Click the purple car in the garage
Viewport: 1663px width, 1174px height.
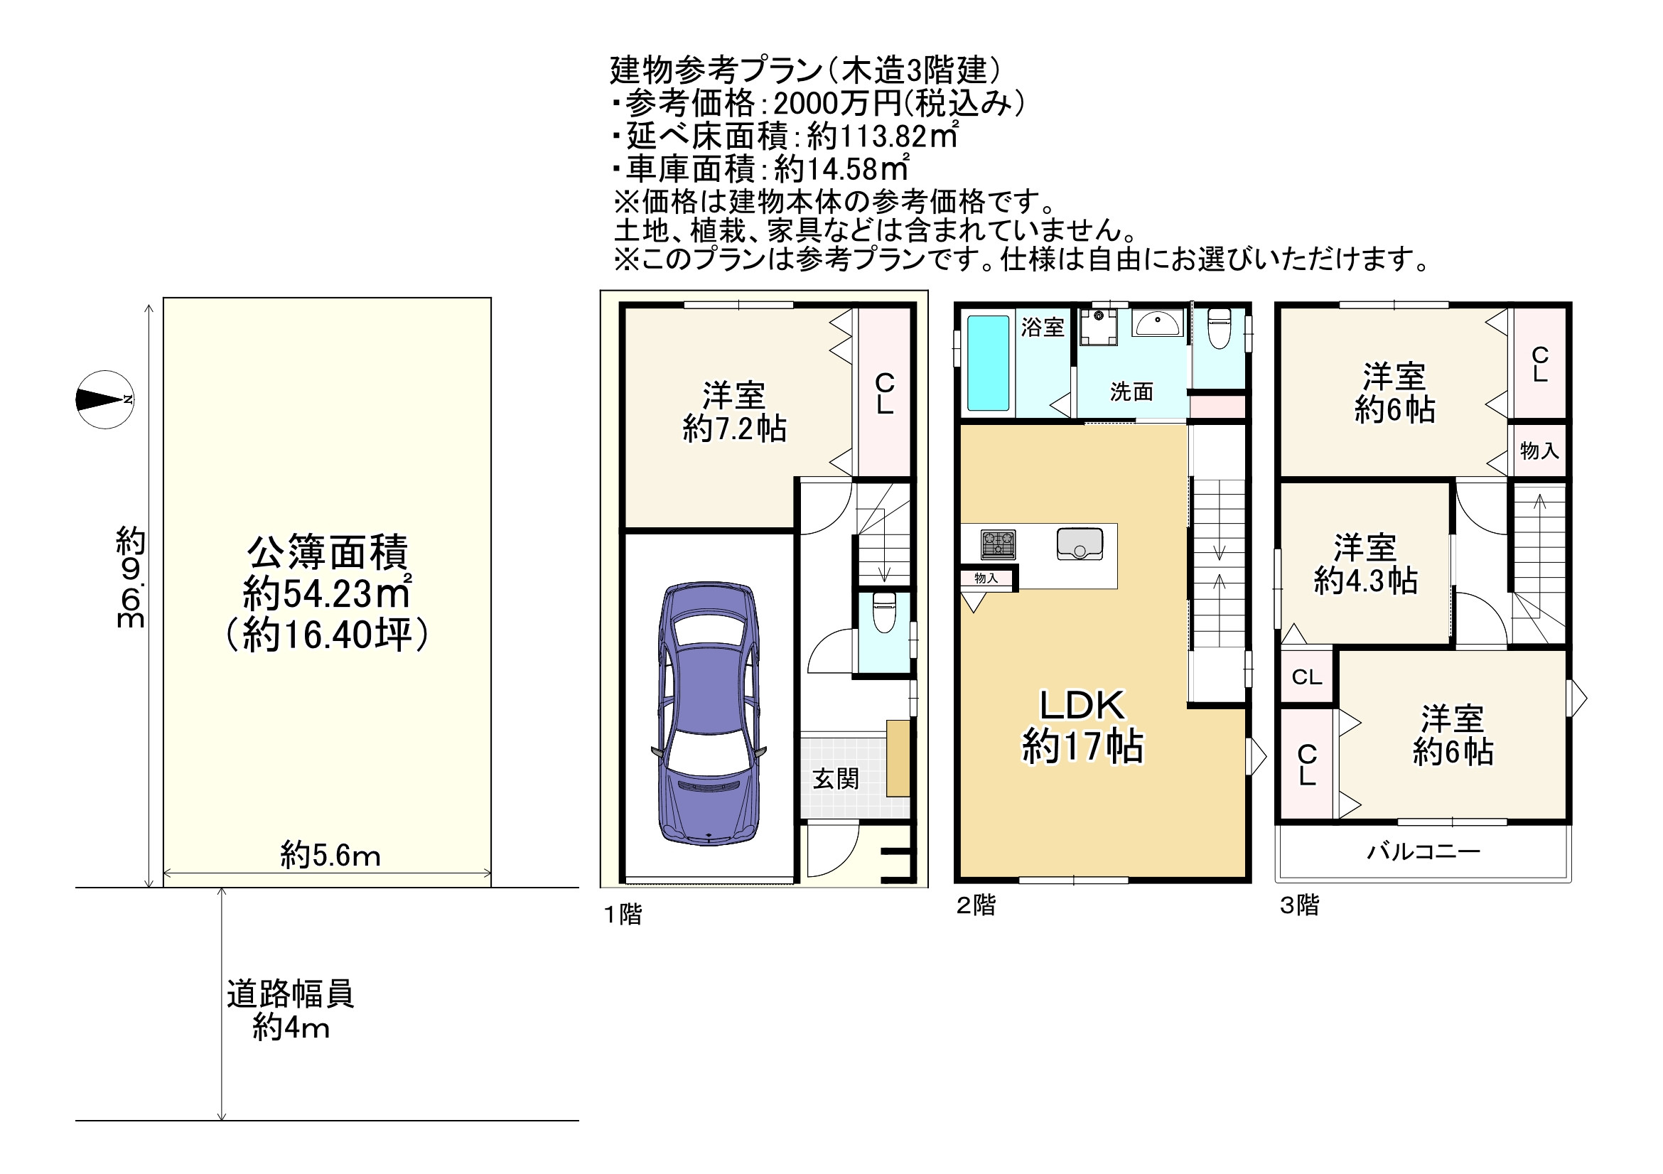point(709,713)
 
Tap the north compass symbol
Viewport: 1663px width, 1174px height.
point(105,399)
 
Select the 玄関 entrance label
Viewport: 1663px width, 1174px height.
point(835,780)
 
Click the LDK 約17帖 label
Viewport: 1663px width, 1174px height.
point(1083,726)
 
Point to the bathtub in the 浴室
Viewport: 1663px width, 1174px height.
point(988,364)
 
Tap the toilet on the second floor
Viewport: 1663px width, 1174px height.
point(1220,328)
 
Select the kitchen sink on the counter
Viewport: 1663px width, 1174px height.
point(1080,543)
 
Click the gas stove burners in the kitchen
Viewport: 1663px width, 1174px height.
point(998,544)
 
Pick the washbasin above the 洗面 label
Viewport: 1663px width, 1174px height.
point(1158,323)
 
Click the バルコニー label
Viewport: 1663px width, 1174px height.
point(1423,851)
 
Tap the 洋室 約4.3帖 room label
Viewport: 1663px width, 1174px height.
point(1365,564)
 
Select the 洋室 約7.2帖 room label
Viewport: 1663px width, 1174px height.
point(733,412)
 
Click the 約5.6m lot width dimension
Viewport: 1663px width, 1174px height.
point(330,856)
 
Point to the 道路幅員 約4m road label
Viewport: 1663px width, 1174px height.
point(291,1011)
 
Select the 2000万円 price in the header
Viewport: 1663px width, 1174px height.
point(836,104)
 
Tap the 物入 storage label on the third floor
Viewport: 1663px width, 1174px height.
point(1539,451)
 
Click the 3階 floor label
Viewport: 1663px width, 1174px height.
point(1299,905)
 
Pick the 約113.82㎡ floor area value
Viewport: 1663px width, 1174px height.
point(883,136)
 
